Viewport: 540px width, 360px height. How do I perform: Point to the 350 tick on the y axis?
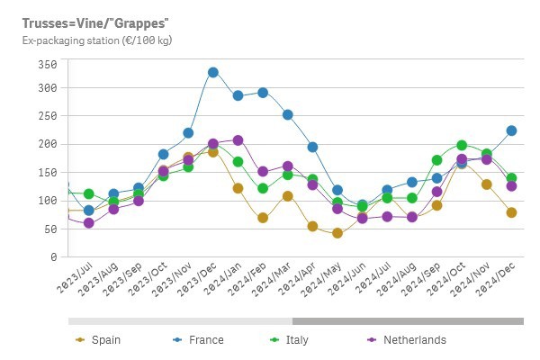tap(47, 65)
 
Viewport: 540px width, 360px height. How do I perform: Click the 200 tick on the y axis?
tap(47, 144)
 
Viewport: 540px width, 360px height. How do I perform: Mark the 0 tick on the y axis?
tap(52, 257)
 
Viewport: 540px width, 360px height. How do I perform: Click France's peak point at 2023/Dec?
tap(213, 72)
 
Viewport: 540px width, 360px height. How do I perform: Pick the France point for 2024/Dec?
tap(511, 130)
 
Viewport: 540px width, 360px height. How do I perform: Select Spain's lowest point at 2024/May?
tap(337, 233)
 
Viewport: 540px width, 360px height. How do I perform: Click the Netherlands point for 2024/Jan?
tap(238, 140)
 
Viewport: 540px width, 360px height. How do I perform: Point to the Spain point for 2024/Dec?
tap(511, 212)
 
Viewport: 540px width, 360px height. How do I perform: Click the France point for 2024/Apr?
tap(312, 147)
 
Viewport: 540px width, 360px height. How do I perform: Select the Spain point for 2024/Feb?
tap(263, 218)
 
